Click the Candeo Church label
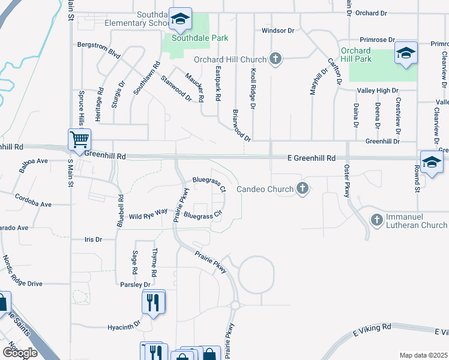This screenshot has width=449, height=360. [264, 189]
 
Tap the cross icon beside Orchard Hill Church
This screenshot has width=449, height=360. [276, 59]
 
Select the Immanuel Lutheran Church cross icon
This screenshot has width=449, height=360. [377, 220]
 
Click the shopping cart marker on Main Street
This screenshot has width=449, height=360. [79, 140]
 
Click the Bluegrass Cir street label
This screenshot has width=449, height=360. [203, 215]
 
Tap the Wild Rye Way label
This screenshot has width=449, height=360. [148, 214]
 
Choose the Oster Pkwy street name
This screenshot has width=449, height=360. [346, 181]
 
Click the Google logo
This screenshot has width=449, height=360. [19, 353]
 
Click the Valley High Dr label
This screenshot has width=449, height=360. [378, 90]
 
